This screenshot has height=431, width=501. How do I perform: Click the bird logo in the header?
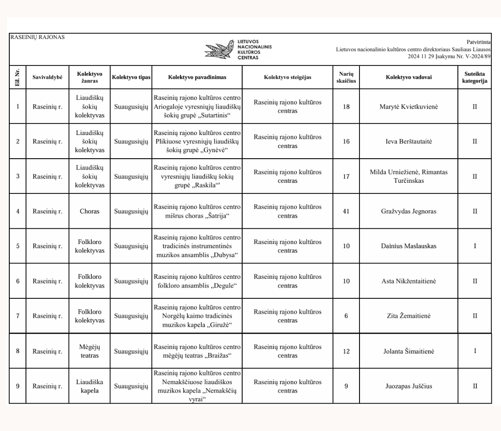tap(220, 49)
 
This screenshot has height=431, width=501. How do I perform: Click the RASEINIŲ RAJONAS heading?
tap(38, 37)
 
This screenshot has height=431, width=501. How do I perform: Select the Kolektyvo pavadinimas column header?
tap(197, 77)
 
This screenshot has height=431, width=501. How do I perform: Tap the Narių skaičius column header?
tap(346, 77)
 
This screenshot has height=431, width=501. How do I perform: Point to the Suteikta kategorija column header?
tap(475, 77)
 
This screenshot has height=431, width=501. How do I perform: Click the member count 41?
tap(346, 211)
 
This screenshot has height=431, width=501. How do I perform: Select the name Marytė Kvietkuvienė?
tap(409, 107)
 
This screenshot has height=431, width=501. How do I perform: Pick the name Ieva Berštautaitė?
tap(409, 142)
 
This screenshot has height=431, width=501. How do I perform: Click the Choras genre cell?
tap(90, 211)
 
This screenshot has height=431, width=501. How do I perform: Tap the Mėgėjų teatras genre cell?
tap(90, 351)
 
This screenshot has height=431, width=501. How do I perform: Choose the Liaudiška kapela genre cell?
tap(90, 386)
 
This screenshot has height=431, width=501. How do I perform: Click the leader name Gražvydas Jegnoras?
tap(409, 211)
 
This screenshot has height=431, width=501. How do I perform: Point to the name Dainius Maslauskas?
tap(409, 246)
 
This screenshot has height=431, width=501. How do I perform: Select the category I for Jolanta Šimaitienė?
tap(475, 351)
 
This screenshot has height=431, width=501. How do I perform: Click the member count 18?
tap(346, 107)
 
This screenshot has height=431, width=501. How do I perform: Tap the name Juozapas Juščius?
tap(409, 386)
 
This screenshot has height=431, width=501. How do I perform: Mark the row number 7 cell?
tap(18, 316)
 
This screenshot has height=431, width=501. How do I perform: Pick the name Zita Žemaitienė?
tap(409, 316)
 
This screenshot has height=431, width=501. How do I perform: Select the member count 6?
tap(346, 316)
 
